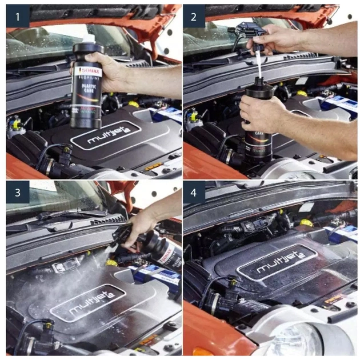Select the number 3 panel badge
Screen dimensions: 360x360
click(x=17, y=193)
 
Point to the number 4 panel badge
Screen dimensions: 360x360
click(x=194, y=193)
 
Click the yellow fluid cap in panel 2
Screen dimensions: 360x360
click(x=301, y=93)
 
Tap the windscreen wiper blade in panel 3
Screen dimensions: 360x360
click(x=57, y=217)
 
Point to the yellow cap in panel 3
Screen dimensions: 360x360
click(x=111, y=262)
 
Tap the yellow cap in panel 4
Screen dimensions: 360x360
click(x=307, y=223)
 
